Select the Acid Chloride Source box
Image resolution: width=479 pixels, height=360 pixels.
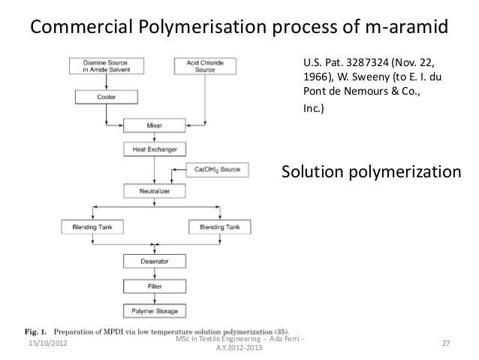pyautogui.click(x=206, y=66)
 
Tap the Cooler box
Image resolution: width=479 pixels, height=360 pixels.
pyautogui.click(x=100, y=97)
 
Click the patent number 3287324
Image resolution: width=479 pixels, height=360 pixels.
pyautogui.click(x=366, y=62)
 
